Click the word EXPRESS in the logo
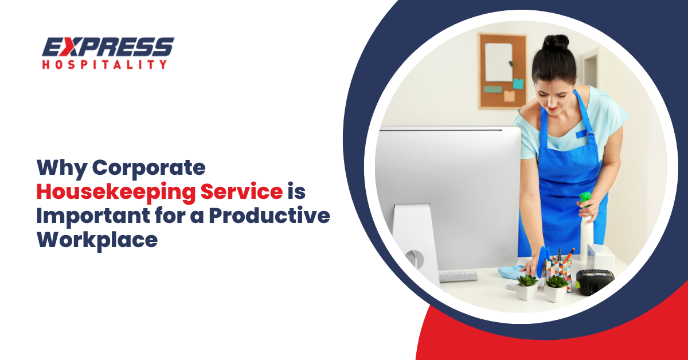107,48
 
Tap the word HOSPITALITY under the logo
104,64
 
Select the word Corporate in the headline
149,167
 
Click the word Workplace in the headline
97,240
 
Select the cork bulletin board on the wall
503,70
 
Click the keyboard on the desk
458,276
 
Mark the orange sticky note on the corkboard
509,96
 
